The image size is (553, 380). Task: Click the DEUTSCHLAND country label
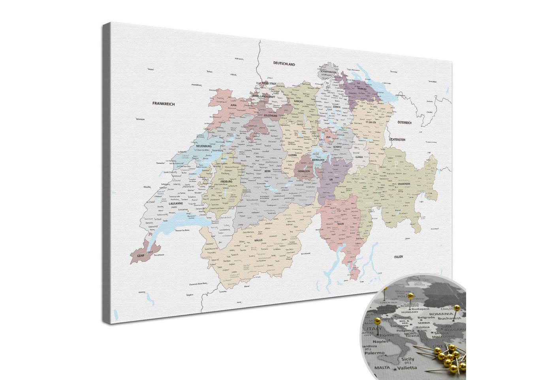tap(284, 64)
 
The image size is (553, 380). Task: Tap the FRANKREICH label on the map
tap(164, 104)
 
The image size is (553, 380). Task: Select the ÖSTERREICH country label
tap(404, 123)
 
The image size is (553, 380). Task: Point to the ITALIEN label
tap(398, 257)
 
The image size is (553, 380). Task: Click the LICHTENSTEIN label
tap(397, 140)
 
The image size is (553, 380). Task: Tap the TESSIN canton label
tap(340, 224)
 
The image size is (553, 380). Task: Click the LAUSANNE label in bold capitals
tap(175, 204)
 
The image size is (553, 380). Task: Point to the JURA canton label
tap(233, 105)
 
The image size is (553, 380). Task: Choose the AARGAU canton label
tap(298, 101)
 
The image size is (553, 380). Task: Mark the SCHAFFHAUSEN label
tap(328, 72)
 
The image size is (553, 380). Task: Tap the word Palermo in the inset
tap(374, 353)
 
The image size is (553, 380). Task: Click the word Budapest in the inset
tap(420, 309)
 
